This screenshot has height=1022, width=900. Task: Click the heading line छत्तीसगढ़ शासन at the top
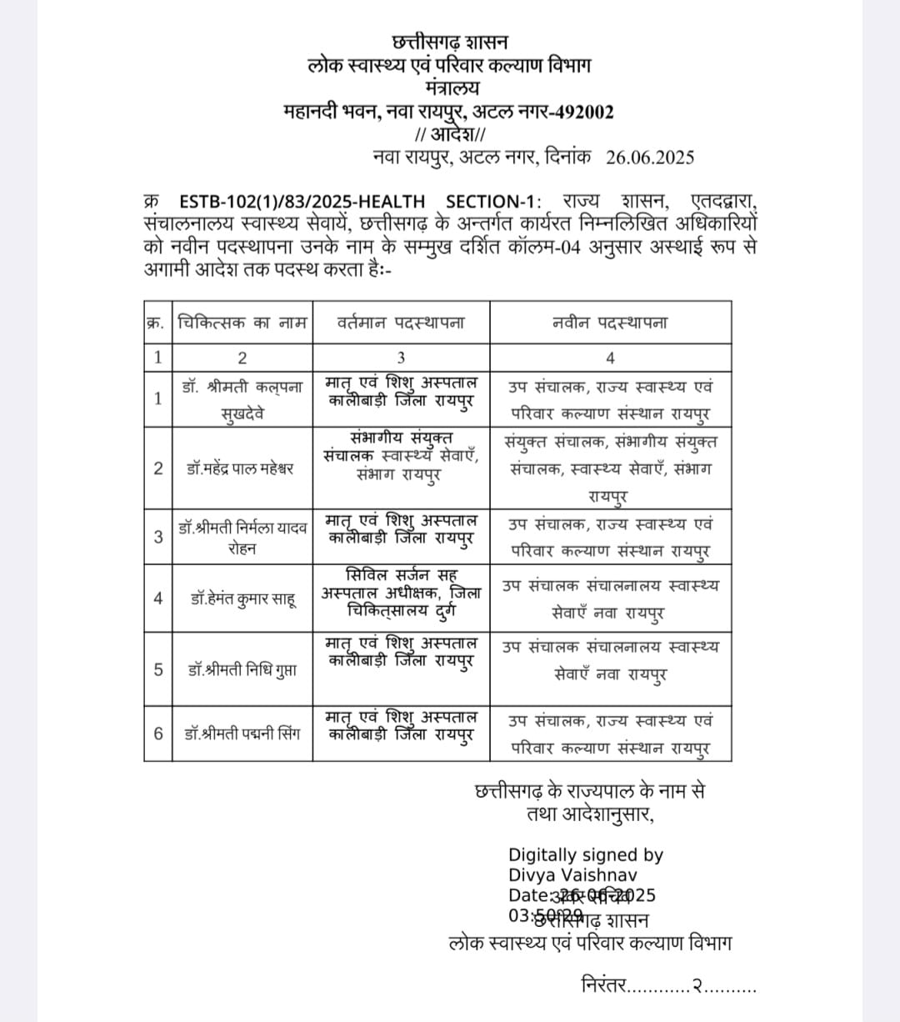tap(449, 42)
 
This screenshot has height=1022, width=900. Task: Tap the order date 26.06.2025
tap(649, 158)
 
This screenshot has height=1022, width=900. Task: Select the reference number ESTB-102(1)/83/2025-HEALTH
tap(302, 202)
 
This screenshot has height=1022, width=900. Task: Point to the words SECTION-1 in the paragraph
tap(492, 202)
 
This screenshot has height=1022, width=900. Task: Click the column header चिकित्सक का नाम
tap(242, 323)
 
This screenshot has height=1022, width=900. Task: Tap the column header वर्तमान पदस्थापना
tap(401, 323)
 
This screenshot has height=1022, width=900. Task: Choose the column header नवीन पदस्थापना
tap(610, 323)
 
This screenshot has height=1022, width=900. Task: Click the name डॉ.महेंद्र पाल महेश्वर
tap(240, 468)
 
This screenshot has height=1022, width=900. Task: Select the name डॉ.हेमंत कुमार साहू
tap(242, 598)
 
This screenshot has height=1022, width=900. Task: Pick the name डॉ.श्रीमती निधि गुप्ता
tap(242, 669)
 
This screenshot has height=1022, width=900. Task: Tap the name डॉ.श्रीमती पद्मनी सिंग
tap(242, 734)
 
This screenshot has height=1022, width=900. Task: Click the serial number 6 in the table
tap(158, 734)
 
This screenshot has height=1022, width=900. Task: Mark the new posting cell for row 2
tap(610, 468)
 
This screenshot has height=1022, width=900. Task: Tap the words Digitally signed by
tap(586, 854)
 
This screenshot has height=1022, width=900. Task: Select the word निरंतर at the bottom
tap(602, 985)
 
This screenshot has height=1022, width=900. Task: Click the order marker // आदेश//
tap(449, 134)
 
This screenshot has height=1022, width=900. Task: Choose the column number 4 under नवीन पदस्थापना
tap(610, 358)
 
